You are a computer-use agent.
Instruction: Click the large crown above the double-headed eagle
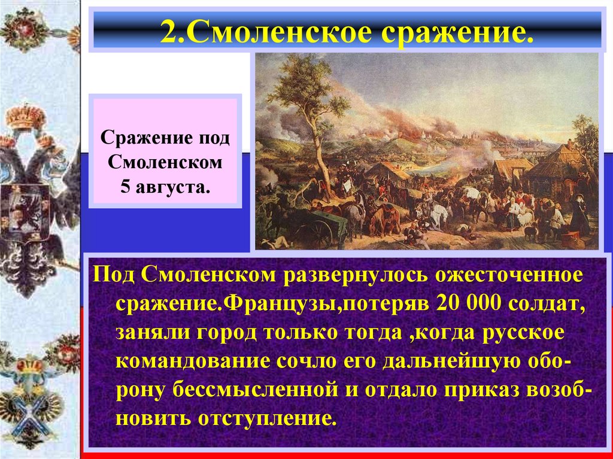26,115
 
